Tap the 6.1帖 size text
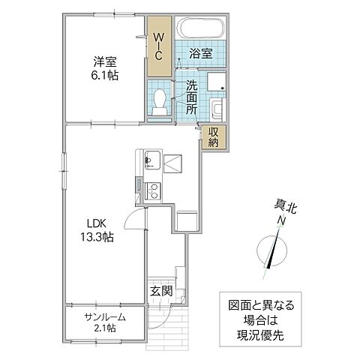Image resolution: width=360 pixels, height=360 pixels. click(x=103, y=76)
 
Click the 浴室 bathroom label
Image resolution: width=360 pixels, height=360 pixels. click(x=201, y=55)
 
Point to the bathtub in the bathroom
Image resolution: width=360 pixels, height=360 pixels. click(x=199, y=29)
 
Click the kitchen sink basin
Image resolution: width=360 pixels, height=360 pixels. click(x=151, y=158)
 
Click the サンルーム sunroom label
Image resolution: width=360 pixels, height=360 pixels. click(x=104, y=316)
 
